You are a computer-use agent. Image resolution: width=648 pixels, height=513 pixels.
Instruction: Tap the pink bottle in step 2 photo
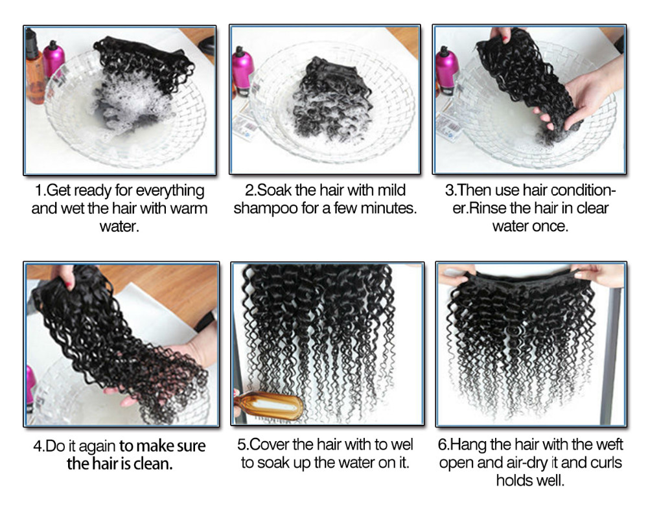242,71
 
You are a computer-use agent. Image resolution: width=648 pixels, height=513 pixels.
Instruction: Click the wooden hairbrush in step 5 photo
269,407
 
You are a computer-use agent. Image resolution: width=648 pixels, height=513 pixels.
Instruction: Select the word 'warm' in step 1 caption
189,209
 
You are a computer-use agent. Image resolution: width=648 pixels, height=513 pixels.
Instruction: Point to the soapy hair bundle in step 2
330,99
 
